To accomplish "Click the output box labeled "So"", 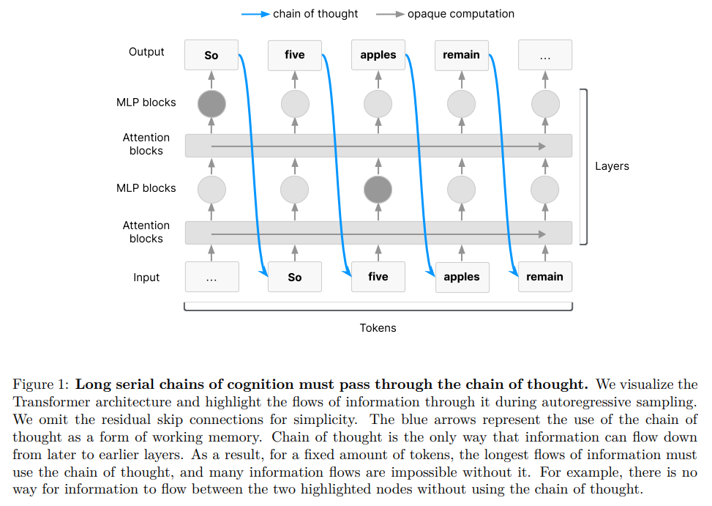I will (x=211, y=55).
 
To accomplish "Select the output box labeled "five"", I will (x=295, y=55).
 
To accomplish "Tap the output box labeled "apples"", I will (x=378, y=55).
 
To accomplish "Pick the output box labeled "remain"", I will (x=462, y=55).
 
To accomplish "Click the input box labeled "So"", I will (x=295, y=278).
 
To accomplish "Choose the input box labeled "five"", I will (x=378, y=277).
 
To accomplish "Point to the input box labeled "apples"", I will (x=462, y=278).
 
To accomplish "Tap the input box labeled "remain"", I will (x=545, y=277).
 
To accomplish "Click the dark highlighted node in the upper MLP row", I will (x=211, y=103).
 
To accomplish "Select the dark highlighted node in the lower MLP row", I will (x=378, y=190).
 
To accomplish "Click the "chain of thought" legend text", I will (x=315, y=14).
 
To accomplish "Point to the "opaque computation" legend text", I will (x=461, y=14).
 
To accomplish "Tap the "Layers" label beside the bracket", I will (x=612, y=166).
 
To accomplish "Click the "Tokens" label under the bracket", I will (x=378, y=328).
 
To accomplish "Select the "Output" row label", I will (x=146, y=52).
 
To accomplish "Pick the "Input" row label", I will (x=146, y=278).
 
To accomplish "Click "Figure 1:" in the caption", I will (x=41, y=384).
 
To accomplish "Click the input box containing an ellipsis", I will (x=211, y=278).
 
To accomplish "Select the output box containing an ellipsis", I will (x=545, y=55).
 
